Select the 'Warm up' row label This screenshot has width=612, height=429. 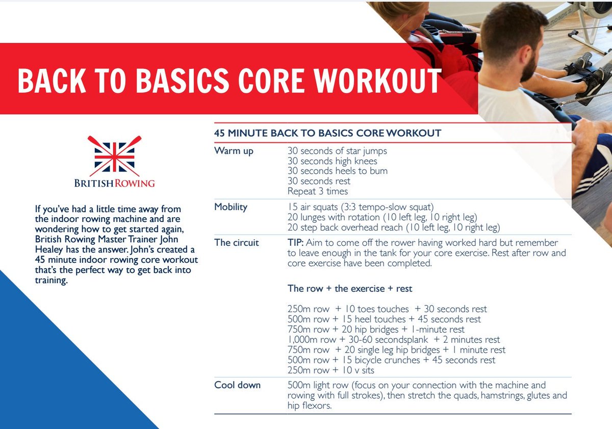pos(234,151)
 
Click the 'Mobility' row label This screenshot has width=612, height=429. pos(231,207)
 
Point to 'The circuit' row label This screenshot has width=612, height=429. pos(237,242)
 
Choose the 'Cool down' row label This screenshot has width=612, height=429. pos(237,385)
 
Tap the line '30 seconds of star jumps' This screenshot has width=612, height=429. pos(337,151)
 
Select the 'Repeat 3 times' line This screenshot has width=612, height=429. pos(318,192)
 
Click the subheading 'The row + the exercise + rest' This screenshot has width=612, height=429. pos(350,289)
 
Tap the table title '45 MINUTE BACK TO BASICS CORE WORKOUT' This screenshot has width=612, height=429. pos(327,134)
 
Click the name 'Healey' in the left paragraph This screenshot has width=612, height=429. pos(49,250)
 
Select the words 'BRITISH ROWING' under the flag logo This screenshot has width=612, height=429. pos(114,183)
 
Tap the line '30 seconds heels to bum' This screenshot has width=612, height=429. pos(337,171)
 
